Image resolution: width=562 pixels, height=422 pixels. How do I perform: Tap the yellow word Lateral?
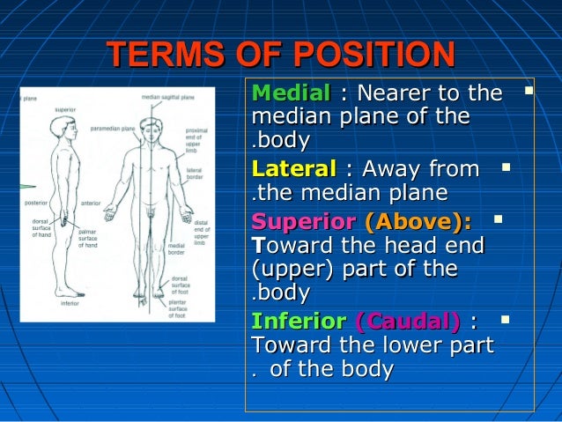point(293,168)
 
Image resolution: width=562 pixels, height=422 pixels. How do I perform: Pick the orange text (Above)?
point(418,220)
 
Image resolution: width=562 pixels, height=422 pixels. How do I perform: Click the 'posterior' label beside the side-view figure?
point(35,203)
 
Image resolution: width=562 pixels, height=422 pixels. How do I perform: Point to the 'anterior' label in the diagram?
point(91,203)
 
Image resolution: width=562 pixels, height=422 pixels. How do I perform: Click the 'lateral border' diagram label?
point(195,174)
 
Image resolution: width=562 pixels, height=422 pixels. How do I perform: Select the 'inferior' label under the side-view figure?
point(70,302)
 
